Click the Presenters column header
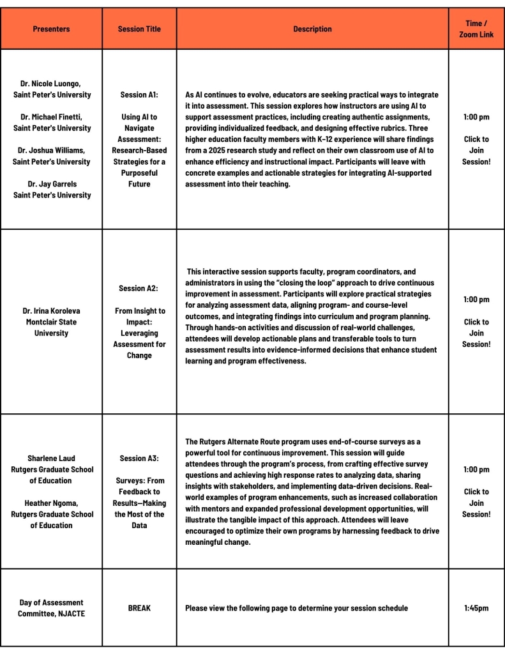pos(51,29)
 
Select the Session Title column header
pos(139,29)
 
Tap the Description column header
pos(312,29)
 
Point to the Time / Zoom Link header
pos(476,29)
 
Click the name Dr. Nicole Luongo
pos(51,84)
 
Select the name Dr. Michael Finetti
pos(51,117)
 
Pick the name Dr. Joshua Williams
pos(51,150)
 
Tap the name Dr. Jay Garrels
pos(51,184)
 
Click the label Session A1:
pos(139,95)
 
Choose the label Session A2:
pos(139,289)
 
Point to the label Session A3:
pos(139,458)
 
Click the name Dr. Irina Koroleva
pos(51,311)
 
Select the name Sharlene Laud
pos(51,458)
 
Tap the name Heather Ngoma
pos(51,503)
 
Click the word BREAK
pos(139,608)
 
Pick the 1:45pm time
pos(476,608)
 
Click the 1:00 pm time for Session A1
pos(476,117)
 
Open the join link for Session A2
pos(476,333)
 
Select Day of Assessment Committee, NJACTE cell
pos(51,608)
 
